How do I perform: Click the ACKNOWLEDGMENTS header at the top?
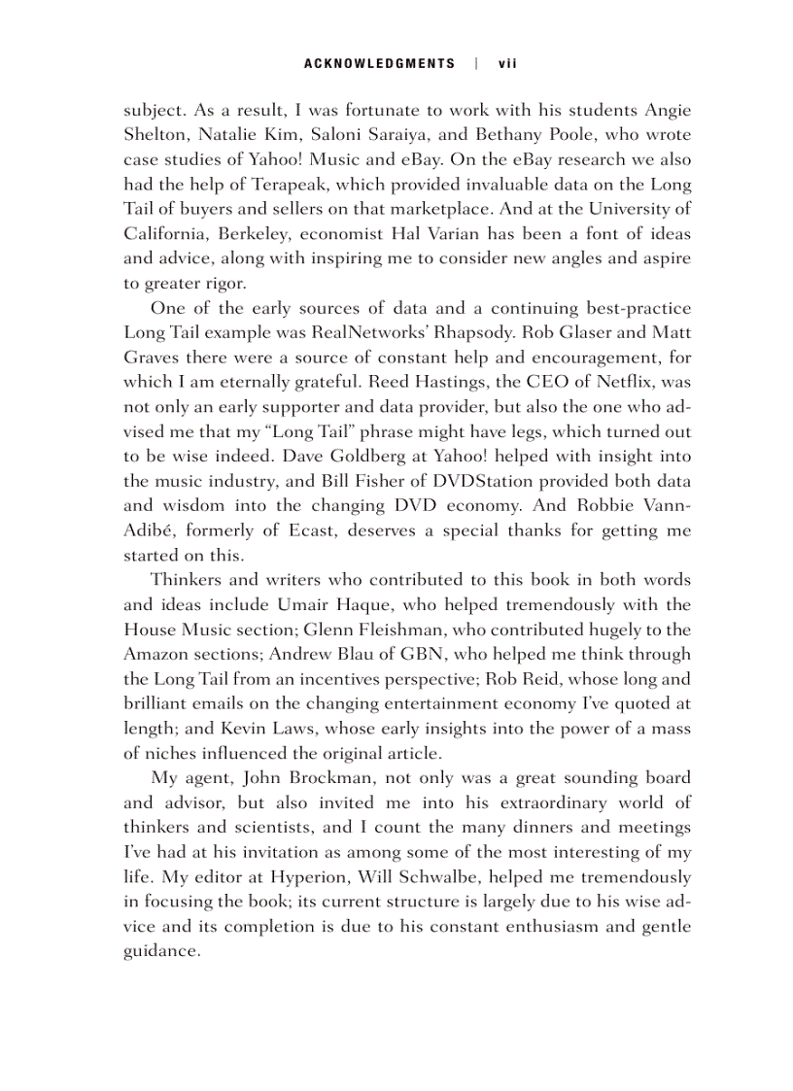(x=379, y=64)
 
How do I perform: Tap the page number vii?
(x=506, y=64)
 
